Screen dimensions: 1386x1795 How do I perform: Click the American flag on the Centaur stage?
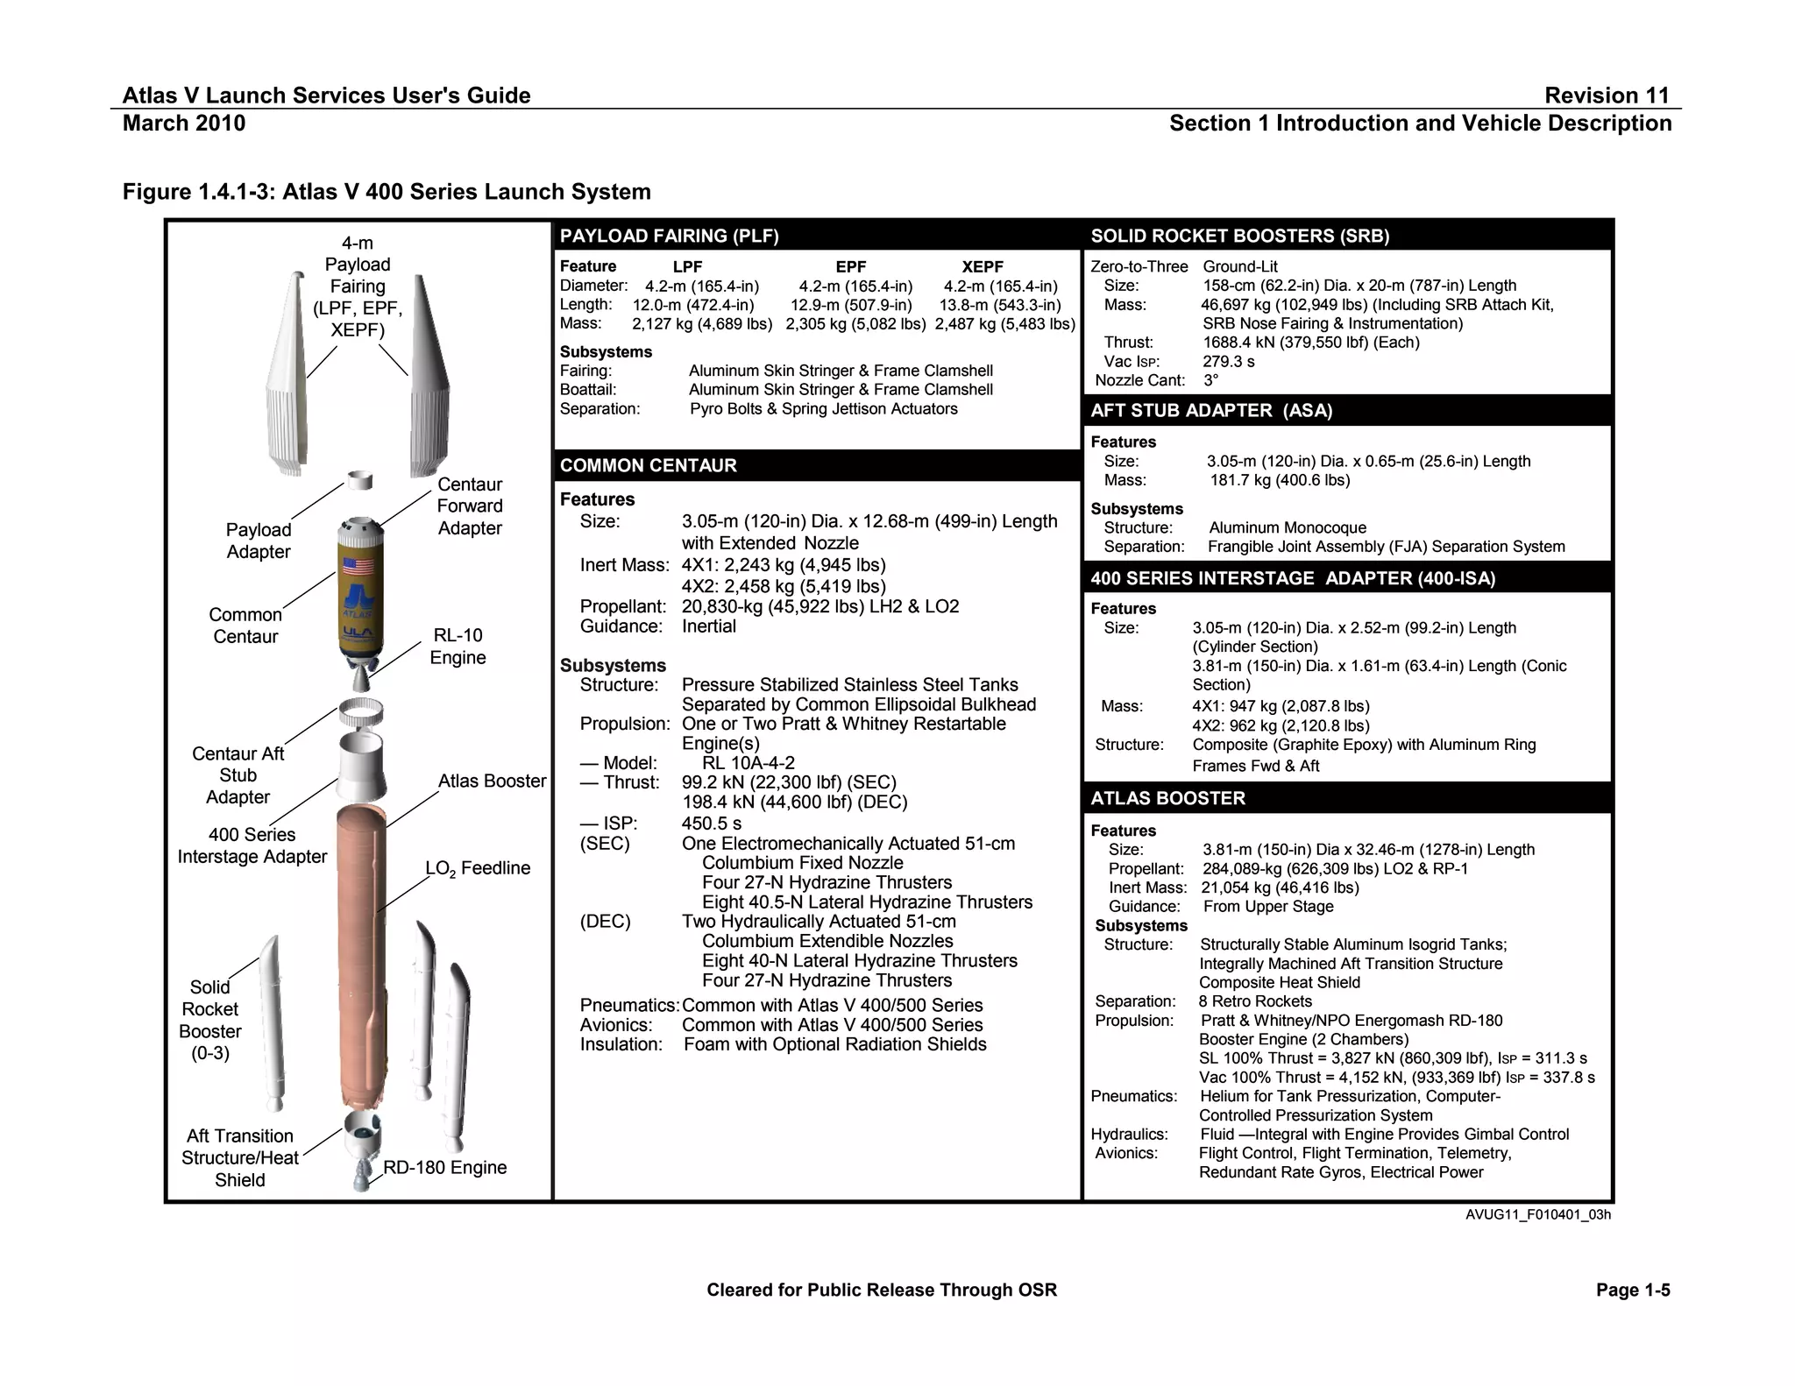358,565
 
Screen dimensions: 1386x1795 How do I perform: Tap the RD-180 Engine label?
445,1168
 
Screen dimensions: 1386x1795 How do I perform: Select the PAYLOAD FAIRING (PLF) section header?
669,236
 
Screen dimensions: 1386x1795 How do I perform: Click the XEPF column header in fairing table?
983,266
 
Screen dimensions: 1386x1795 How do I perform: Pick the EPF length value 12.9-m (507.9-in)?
851,305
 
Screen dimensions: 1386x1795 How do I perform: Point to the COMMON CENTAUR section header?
648,465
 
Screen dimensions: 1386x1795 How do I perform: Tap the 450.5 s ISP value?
712,824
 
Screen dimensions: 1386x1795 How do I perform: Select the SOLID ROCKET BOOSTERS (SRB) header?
1239,236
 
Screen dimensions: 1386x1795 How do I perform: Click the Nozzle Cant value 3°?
1210,380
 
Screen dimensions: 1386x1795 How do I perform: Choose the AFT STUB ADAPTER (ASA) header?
1211,411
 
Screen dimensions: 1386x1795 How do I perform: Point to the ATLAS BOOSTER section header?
1167,798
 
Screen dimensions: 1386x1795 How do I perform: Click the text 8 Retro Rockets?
1255,1001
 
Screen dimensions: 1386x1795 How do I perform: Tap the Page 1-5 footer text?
1633,1290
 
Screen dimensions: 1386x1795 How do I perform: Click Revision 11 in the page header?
1607,95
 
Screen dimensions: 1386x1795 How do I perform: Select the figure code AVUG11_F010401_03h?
1537,1215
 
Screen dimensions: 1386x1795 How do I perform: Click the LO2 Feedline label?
478,868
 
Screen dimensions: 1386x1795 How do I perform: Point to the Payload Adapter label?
258,541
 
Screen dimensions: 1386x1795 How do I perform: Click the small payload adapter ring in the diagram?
360,480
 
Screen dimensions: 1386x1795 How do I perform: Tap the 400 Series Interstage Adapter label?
252,845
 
